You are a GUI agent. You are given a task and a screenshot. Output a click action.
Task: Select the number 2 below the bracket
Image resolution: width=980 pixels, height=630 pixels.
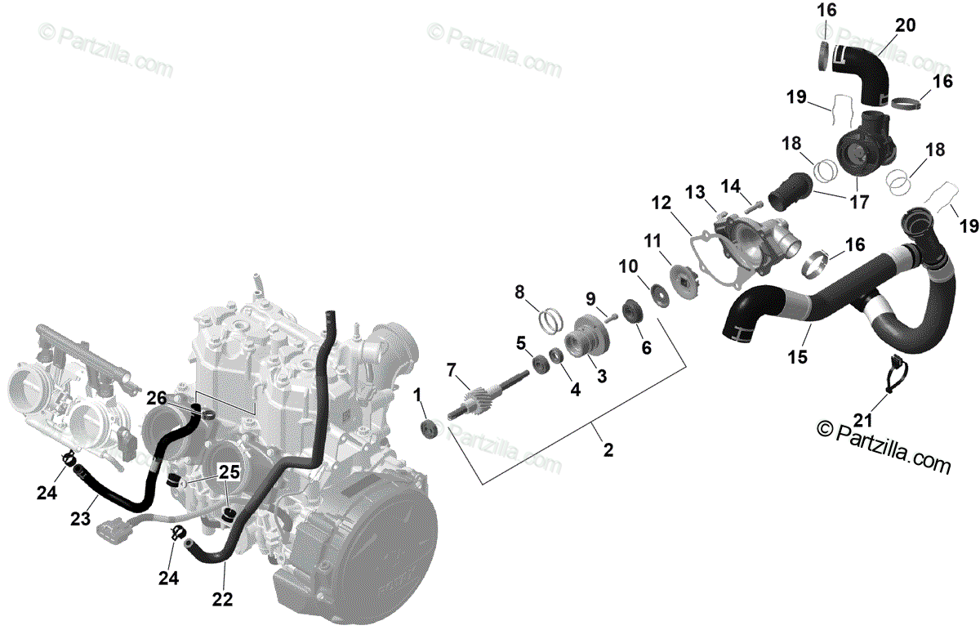608,449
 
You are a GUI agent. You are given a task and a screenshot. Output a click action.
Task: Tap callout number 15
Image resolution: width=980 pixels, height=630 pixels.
797,356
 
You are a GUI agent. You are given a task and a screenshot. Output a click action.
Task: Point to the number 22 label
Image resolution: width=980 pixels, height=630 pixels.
222,599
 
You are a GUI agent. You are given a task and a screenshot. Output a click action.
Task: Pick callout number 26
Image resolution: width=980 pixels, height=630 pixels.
157,398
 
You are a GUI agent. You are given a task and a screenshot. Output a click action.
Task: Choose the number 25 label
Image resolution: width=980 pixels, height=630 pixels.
229,471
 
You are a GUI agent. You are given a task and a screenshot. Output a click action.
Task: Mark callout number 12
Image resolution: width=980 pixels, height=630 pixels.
661,202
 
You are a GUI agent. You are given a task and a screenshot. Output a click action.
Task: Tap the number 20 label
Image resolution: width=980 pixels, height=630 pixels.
905,26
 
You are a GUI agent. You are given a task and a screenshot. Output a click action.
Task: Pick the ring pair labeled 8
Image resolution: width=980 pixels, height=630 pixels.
554,319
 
